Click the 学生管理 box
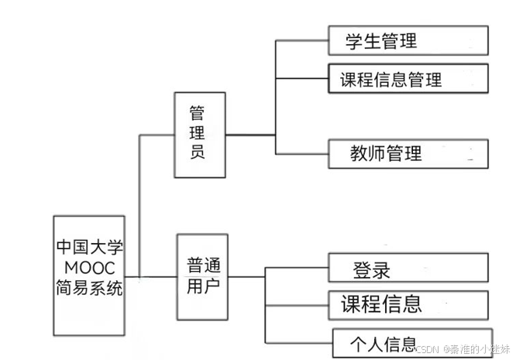408,40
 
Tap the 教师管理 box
408,153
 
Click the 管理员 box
199,135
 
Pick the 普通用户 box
204,276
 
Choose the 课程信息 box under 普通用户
408,304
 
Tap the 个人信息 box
411,342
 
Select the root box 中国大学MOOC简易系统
89,275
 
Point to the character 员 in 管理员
198,152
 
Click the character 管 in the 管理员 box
198,113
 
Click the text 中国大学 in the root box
89,248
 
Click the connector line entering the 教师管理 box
302,153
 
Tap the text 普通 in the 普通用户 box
204,266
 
